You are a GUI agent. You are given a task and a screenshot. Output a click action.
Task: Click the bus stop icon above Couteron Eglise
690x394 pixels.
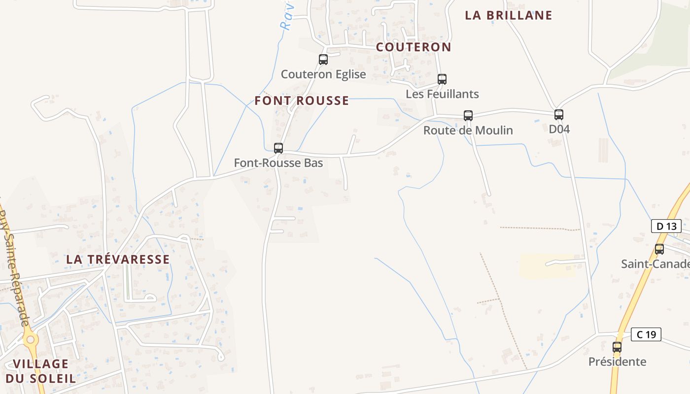coord(323,60)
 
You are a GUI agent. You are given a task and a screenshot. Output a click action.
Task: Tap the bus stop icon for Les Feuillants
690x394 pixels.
coord(442,79)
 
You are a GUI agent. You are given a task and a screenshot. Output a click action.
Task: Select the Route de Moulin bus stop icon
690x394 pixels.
coord(468,115)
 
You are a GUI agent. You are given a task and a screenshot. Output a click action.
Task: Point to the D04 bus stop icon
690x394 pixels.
coord(559,115)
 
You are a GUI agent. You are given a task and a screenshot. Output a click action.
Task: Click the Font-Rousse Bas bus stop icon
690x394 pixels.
coord(278,148)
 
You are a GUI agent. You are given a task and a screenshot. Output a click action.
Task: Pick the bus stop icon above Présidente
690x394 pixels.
coord(617,347)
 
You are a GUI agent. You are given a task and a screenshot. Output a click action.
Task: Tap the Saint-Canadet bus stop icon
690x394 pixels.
coord(659,249)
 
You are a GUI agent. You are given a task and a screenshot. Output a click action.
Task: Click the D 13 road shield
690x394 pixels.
coord(666,226)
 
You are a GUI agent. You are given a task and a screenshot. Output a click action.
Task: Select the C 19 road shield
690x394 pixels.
coord(646,334)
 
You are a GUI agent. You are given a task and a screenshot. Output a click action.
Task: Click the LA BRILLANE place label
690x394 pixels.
coord(509,15)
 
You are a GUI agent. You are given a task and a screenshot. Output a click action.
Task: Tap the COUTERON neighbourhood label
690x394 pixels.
coord(414,47)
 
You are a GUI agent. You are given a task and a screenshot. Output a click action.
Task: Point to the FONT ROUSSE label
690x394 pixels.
coord(302,101)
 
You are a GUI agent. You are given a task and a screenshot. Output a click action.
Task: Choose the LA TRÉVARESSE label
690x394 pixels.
coord(118,259)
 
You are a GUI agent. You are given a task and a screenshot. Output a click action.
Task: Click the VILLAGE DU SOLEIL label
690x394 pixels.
coord(40,371)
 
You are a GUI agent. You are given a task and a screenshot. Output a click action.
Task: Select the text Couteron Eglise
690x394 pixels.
coord(323,74)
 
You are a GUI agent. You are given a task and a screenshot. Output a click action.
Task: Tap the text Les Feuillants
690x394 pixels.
coord(442,94)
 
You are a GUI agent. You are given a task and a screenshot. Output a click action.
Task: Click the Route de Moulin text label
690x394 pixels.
coord(468,131)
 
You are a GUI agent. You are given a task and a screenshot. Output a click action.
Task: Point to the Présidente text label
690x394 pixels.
coord(617,362)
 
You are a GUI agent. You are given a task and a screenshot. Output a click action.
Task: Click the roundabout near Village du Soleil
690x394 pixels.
coord(31,339)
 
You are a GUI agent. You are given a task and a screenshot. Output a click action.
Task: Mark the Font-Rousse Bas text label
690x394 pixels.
coord(278,163)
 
